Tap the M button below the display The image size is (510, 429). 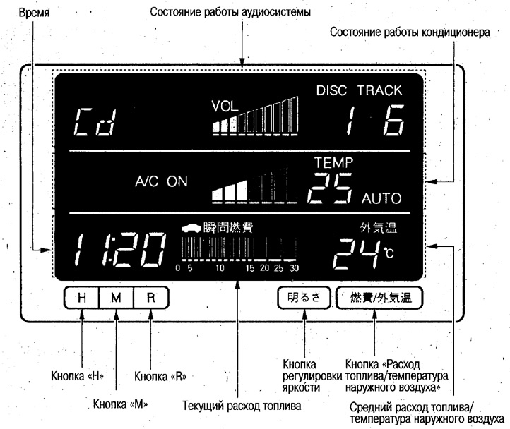(116, 297)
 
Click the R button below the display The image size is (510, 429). (151, 297)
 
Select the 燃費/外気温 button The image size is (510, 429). (379, 297)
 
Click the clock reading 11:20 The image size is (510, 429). (119, 249)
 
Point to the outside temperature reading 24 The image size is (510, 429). (356, 254)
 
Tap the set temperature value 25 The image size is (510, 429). (330, 188)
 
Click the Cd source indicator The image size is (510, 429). (95, 122)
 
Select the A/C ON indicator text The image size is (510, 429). (161, 181)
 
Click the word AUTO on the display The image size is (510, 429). (381, 198)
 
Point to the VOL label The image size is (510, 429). (225, 107)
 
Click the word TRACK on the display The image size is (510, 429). (379, 90)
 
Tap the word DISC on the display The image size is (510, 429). (331, 90)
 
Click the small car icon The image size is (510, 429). (191, 228)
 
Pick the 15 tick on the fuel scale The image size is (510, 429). (250, 268)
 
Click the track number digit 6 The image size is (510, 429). (393, 120)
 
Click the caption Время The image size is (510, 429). (34, 13)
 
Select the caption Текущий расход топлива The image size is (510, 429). (242, 406)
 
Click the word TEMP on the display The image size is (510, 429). (333, 162)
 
